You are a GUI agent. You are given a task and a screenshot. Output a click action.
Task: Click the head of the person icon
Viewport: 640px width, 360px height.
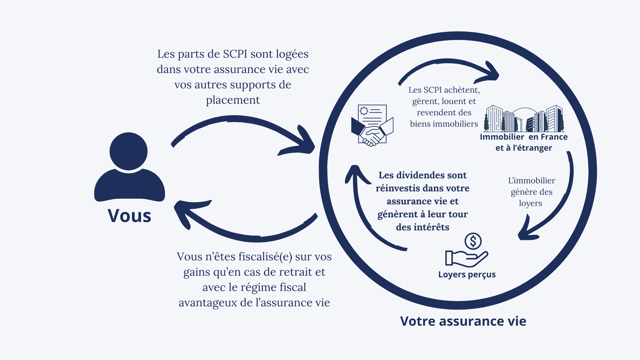coord(128,151)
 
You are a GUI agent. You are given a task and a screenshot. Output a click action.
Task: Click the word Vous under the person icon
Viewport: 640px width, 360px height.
coord(129,216)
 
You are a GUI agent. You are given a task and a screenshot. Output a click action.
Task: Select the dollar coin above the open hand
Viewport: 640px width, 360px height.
coord(473,241)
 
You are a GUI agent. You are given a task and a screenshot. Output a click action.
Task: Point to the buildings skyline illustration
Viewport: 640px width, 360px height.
coord(524,119)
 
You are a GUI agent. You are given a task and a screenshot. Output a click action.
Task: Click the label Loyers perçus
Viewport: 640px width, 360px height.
coord(467,275)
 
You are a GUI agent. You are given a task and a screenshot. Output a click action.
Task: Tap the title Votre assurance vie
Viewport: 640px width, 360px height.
coord(463,321)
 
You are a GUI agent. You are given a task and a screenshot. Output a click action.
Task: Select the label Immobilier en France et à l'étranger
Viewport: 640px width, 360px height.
coord(524,142)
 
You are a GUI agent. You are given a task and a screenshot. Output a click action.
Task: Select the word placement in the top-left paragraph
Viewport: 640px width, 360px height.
coord(233,100)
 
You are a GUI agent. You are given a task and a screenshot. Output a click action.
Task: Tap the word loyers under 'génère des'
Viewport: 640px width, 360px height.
coord(530,204)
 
